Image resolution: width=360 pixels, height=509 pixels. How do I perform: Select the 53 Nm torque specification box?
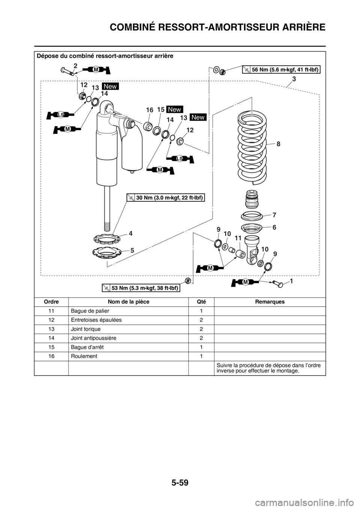[141, 287]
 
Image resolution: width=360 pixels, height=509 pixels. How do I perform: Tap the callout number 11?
[237, 238]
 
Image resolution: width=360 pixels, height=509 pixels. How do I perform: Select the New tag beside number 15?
[174, 109]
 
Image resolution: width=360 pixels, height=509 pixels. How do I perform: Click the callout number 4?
[130, 233]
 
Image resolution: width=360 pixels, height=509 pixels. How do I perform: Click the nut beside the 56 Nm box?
[222, 72]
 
